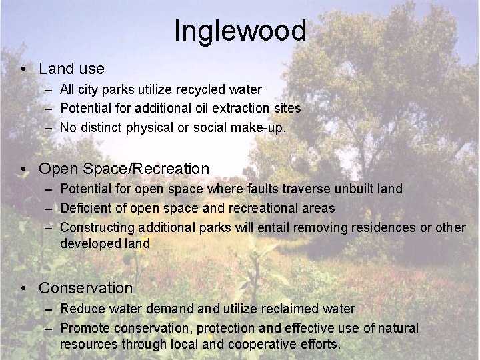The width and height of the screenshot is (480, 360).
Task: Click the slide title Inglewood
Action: pyautogui.click(x=240, y=31)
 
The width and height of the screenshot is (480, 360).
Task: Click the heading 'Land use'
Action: pyautogui.click(x=71, y=69)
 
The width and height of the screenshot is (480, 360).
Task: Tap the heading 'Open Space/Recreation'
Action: pyautogui.click(x=124, y=169)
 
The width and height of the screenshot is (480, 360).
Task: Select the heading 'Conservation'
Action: pyautogui.click(x=86, y=288)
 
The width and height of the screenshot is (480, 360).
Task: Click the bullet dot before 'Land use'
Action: pyautogui.click(x=23, y=69)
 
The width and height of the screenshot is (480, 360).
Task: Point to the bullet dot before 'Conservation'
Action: pyautogui.click(x=23, y=289)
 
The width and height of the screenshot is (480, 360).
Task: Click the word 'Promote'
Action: pyautogui.click(x=85, y=329)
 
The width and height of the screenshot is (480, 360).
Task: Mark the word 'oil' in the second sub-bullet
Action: pyautogui.click(x=203, y=108)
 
